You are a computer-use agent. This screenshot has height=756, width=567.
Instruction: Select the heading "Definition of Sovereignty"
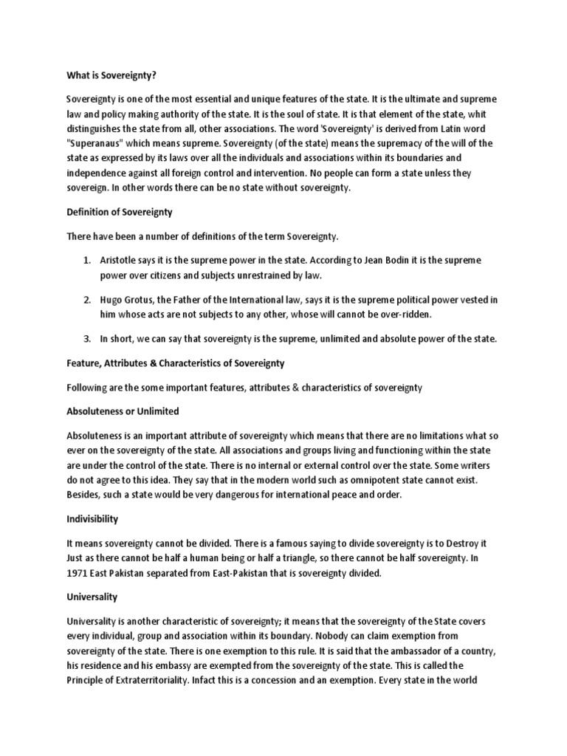pyautogui.click(x=119, y=212)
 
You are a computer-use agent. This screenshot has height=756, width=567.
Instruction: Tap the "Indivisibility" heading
pyautogui.click(x=92, y=519)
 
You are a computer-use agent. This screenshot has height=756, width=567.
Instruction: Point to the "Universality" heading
pyautogui.click(x=92, y=596)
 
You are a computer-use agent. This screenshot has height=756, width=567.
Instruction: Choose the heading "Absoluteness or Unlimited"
pyautogui.click(x=123, y=410)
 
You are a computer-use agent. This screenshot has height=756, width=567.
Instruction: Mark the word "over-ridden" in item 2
pyautogui.click(x=409, y=315)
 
